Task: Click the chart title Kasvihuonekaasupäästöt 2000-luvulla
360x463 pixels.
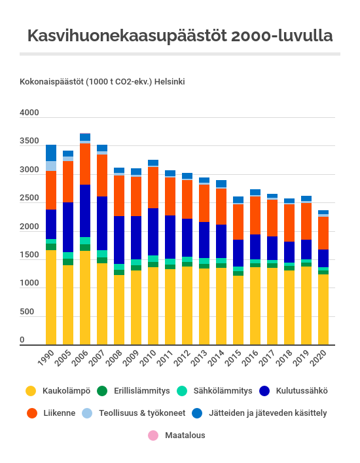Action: [x=180, y=36]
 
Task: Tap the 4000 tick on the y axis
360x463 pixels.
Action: [x=29, y=113]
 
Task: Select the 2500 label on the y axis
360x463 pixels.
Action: [x=29, y=198]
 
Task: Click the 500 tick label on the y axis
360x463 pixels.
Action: [x=27, y=312]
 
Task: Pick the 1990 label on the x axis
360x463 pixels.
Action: [x=46, y=358]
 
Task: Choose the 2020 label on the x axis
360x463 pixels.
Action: [x=318, y=358]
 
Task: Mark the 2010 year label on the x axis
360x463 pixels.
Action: [x=148, y=358]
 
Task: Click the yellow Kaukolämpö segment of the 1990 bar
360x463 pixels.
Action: [x=51, y=297]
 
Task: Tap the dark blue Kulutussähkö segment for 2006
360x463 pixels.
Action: [x=85, y=211]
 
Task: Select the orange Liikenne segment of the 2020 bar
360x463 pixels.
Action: [x=323, y=233]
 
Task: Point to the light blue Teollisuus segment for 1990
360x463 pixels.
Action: [x=51, y=166]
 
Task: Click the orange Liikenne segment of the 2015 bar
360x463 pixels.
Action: [x=238, y=222]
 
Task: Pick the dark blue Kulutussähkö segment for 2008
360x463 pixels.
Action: [x=119, y=240]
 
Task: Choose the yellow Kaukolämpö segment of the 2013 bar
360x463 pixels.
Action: [x=204, y=306]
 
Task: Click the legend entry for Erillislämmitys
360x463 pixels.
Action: [x=134, y=391]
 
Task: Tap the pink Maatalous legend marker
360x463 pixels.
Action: [x=153, y=435]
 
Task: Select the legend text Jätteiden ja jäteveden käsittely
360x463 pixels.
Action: [x=268, y=413]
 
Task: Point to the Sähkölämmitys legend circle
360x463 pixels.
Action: [x=182, y=391]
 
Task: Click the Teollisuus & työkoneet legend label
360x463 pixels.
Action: [x=142, y=413]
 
